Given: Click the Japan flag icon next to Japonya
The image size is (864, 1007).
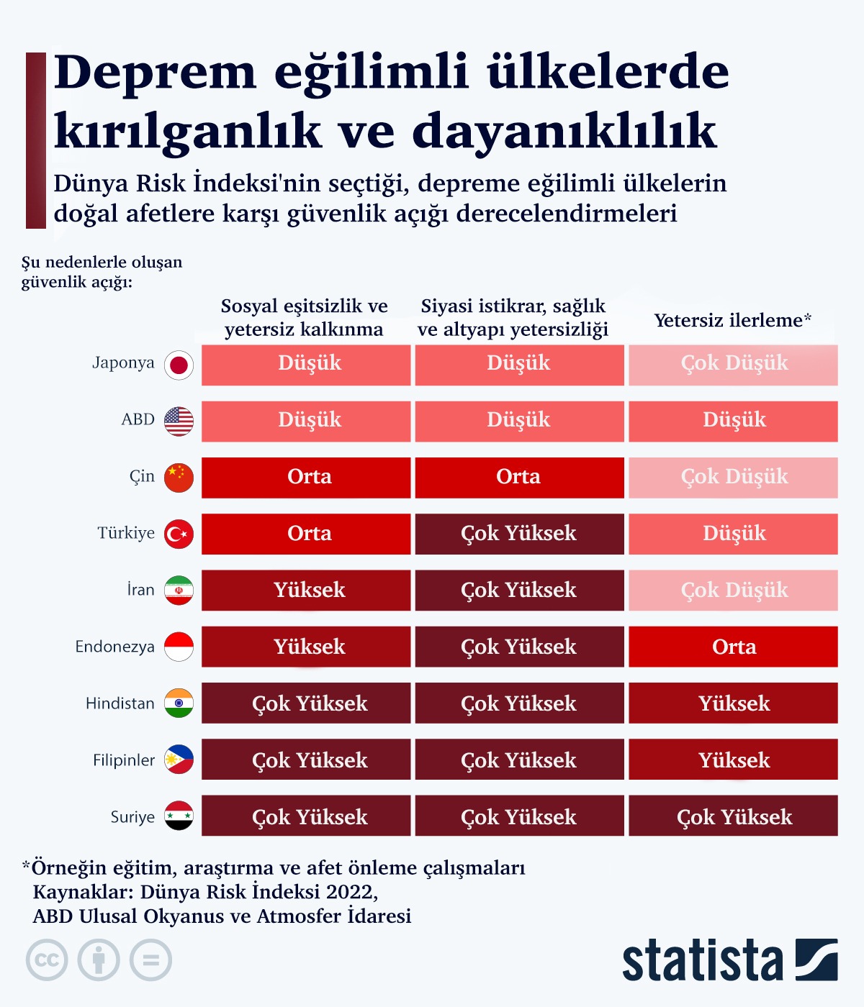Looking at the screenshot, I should (179, 365).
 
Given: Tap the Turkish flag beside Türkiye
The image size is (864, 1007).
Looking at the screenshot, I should (179, 534).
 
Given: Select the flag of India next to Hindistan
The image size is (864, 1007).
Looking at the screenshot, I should (179, 703).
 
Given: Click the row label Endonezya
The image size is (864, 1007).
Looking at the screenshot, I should (115, 647).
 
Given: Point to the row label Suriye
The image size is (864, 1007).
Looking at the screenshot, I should (132, 817).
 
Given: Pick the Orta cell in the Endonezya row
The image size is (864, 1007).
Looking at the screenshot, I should (733, 647).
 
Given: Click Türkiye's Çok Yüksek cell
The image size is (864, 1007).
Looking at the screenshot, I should (519, 534).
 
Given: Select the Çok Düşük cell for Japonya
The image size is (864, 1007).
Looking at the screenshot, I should (733, 364).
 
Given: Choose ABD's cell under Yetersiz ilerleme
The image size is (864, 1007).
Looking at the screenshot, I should (733, 421).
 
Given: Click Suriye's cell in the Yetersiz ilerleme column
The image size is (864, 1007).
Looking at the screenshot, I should (733, 816).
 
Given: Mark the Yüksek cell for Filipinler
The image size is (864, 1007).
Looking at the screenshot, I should (733, 760).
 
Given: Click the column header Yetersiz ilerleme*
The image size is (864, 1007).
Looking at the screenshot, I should (732, 320).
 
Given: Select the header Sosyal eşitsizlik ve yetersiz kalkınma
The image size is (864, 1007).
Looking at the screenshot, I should (304, 317).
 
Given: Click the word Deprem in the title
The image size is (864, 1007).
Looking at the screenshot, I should (155, 72).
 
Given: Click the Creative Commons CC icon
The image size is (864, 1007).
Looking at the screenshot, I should (47, 960).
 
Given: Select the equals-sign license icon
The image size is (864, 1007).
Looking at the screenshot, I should (150, 960).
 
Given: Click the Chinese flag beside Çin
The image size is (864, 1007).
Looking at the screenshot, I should (179, 478).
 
